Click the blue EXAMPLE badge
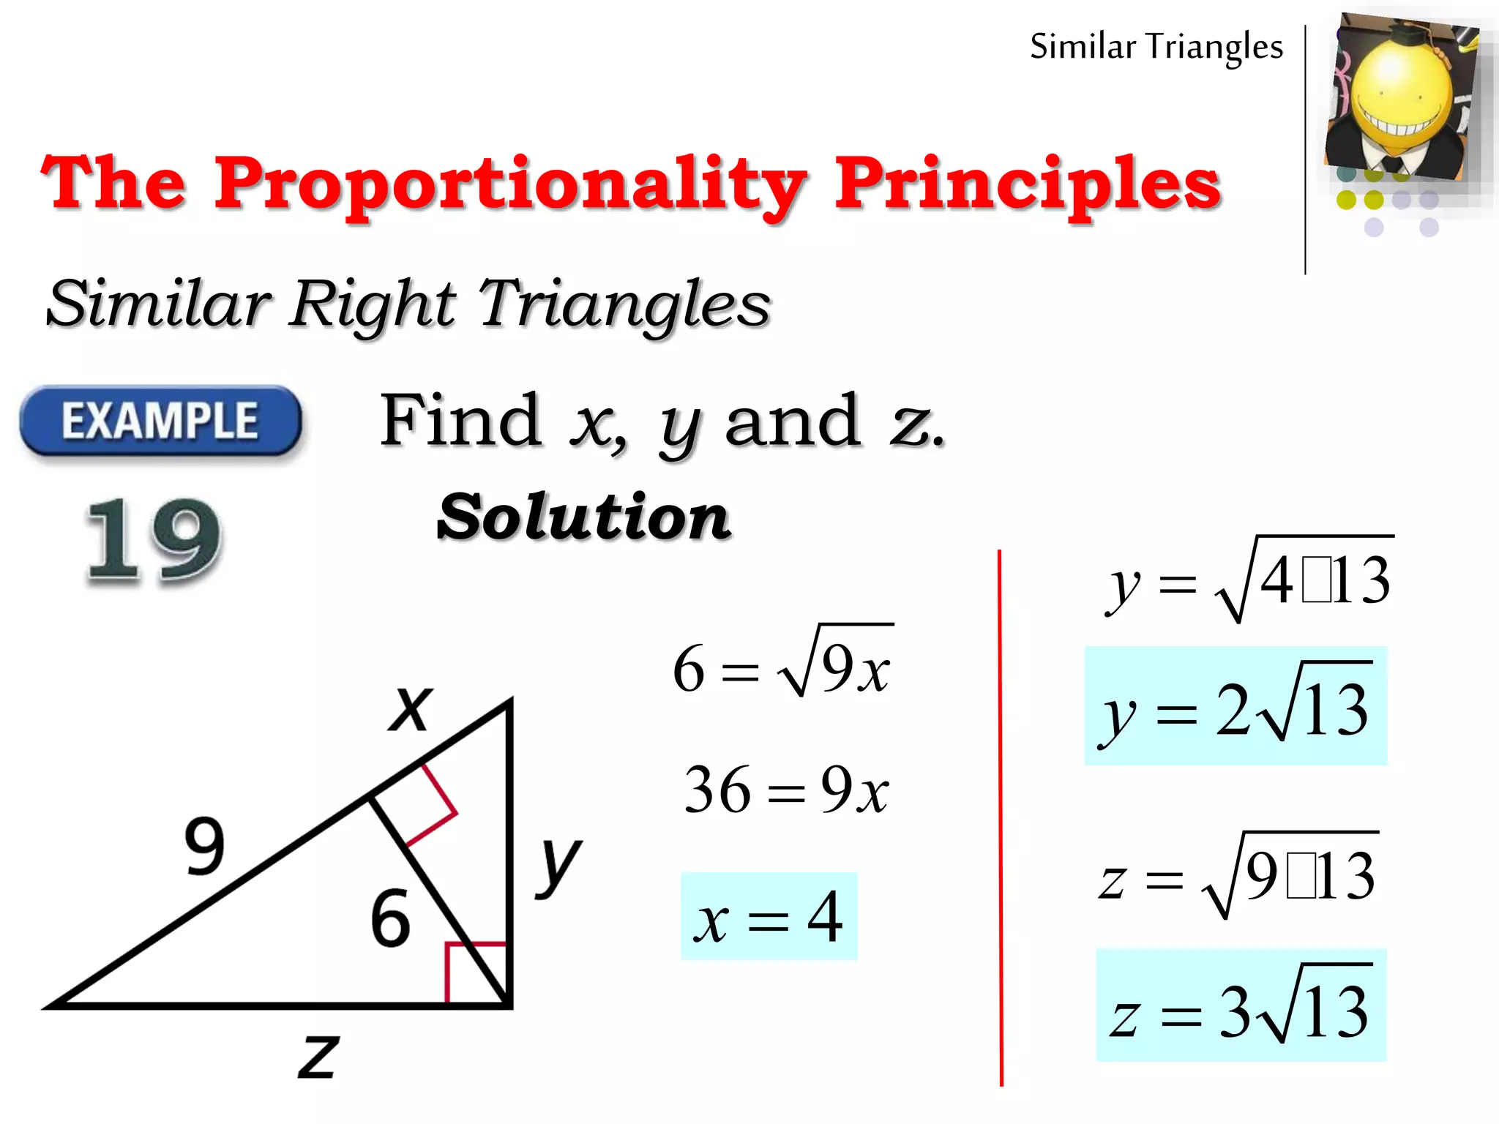[x=160, y=421]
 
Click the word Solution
[x=583, y=517]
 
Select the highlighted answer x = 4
[x=769, y=917]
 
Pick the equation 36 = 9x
[x=786, y=790]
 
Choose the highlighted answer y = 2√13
[x=1236, y=707]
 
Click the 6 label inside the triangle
[x=390, y=918]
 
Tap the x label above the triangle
[x=411, y=708]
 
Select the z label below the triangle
[x=318, y=1055]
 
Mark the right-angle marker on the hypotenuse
[x=428, y=805]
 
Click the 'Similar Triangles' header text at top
[x=1156, y=47]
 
